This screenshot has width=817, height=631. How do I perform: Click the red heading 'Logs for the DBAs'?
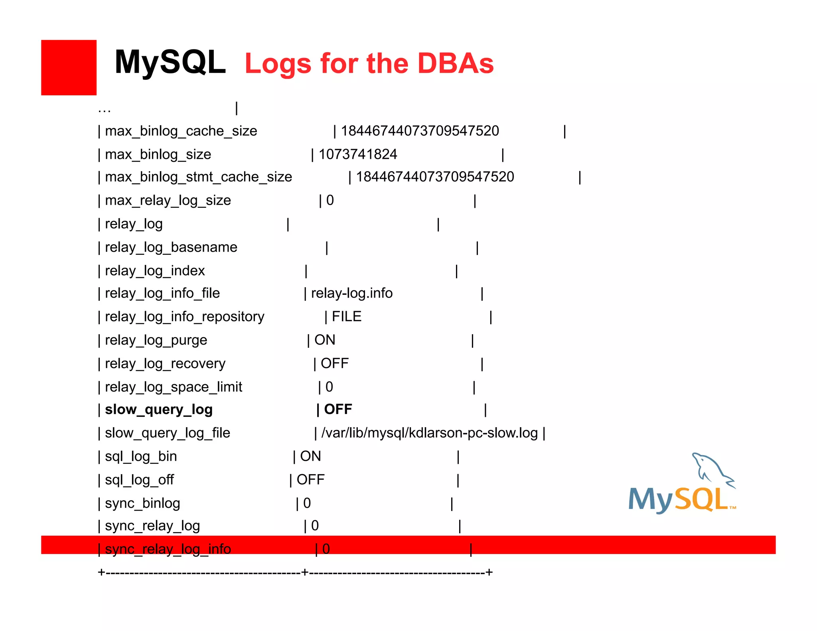[x=369, y=64]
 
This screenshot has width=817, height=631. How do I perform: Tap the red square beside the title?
[x=69, y=67]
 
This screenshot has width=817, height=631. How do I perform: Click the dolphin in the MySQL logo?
[x=712, y=469]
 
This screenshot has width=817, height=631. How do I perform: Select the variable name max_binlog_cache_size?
[x=181, y=131]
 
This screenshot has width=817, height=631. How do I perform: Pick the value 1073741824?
[x=358, y=154]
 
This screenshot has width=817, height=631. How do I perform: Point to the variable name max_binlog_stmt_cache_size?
[x=198, y=177]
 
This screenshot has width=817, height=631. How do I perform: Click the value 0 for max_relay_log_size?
[x=330, y=200]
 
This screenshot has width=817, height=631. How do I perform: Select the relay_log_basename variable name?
[x=171, y=247]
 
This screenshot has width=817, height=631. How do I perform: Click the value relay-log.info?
[x=352, y=294]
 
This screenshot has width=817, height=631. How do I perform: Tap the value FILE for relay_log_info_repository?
[x=347, y=317]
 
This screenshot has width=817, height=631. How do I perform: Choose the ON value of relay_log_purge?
[x=325, y=340]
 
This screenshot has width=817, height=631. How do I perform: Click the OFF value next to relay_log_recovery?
[x=335, y=363]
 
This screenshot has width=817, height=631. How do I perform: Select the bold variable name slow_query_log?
[x=158, y=410]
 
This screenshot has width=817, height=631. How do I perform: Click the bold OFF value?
[x=338, y=409]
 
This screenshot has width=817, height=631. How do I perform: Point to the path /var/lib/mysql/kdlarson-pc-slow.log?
[x=430, y=433]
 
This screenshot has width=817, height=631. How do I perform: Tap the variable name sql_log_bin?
[x=140, y=457]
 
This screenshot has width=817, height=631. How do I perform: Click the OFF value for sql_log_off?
[x=310, y=480]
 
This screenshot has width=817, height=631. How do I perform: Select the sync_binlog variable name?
[x=142, y=503]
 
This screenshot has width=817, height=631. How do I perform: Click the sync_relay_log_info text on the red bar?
[x=168, y=549]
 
